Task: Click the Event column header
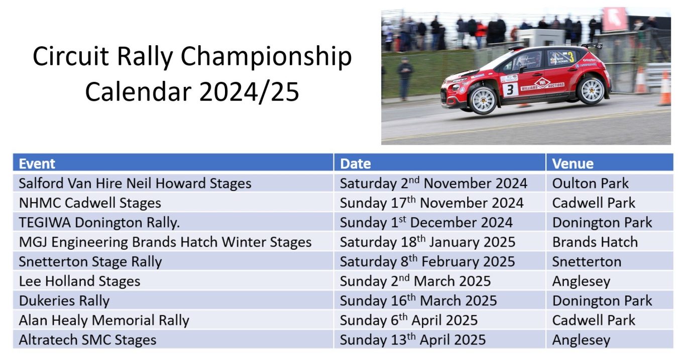coord(37,164)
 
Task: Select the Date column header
coord(355,164)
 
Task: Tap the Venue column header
coord(573,164)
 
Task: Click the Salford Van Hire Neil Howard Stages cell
coord(135,183)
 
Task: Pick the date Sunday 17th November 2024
coord(431,203)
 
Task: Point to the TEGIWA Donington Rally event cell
coord(99,222)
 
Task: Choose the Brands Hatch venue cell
coord(595,242)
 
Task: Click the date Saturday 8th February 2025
coord(427,262)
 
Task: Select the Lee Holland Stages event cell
coord(80,281)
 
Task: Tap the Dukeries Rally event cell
coord(64,301)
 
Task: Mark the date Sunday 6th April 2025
coord(409,320)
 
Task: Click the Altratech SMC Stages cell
coord(87,340)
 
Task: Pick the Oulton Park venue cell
coord(590,183)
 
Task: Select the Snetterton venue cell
coord(587,262)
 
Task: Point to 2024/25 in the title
coord(249,91)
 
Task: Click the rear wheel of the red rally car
coord(592,91)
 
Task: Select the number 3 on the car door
coord(510,90)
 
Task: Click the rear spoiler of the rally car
coord(592,46)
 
